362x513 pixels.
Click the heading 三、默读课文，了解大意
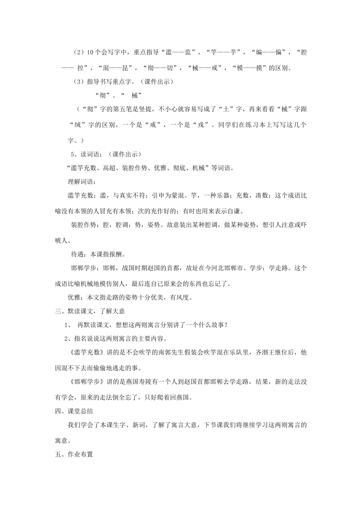(90, 311)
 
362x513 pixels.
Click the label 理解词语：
(82, 182)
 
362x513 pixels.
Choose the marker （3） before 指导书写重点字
(78, 82)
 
